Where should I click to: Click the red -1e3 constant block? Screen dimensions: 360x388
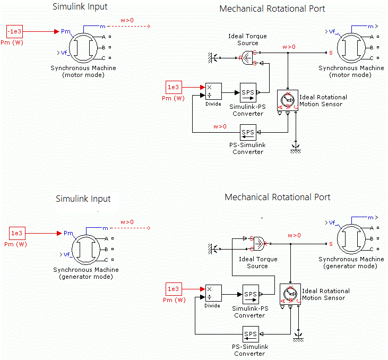(15, 31)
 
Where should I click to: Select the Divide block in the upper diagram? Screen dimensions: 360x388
(213, 91)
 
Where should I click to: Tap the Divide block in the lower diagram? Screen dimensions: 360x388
(213, 293)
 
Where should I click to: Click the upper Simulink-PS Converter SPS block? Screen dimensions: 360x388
(247, 92)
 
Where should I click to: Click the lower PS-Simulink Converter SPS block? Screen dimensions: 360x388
(250, 335)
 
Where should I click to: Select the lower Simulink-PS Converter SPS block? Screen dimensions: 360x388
(250, 294)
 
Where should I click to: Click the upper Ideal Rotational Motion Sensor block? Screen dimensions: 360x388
(287, 100)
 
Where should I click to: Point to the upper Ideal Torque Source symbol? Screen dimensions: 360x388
(247, 58)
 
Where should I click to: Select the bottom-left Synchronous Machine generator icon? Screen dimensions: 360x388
(86, 249)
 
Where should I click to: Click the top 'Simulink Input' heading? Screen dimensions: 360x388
(80, 7)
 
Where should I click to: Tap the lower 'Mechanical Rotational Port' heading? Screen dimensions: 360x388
(278, 198)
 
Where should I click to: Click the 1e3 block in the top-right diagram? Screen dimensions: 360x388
(174, 87)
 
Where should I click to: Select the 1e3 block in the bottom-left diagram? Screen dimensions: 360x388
(17, 233)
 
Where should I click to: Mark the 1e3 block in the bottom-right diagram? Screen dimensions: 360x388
(174, 289)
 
